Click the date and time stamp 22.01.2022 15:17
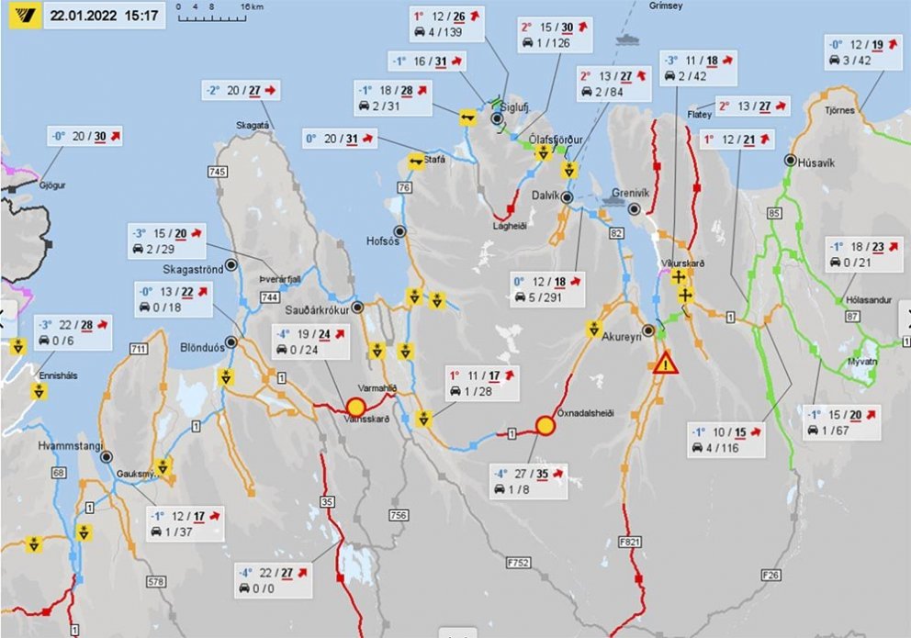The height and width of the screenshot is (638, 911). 105,16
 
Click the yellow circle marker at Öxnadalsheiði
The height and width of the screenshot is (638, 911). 545,425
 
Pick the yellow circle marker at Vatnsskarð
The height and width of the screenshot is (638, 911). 355,407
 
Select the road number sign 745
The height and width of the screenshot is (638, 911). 218,173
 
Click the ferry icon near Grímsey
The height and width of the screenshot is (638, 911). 628,39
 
